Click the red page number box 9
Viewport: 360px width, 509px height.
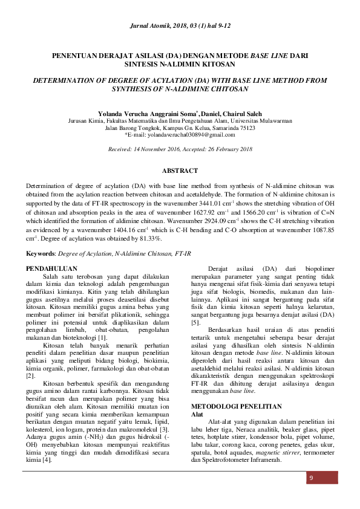pyautogui.click(x=312, y=479)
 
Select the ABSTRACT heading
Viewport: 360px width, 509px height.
pyautogui.click(x=180, y=171)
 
